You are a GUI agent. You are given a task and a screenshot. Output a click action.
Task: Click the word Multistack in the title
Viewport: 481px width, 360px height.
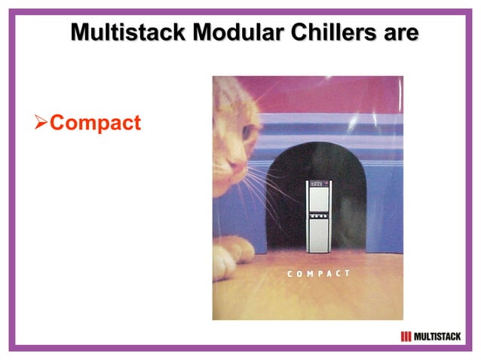pyautogui.click(x=120, y=32)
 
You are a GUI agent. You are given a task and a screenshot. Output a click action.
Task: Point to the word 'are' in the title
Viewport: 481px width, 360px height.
pyautogui.click(x=398, y=32)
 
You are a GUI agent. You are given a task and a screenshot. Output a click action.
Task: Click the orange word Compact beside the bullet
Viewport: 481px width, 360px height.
pyautogui.click(x=95, y=123)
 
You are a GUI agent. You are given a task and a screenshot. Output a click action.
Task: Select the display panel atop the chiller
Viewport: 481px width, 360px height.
pyautogui.click(x=318, y=184)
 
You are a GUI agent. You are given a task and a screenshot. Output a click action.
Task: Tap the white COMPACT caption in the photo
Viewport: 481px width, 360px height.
pyautogui.click(x=319, y=273)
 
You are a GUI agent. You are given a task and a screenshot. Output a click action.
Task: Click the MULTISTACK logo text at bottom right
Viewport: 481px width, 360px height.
pyautogui.click(x=437, y=336)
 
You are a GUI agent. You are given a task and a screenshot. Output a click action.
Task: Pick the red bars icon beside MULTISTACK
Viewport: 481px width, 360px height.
pyautogui.click(x=406, y=336)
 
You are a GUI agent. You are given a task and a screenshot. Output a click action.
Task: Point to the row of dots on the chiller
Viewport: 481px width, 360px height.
pyautogui.click(x=318, y=214)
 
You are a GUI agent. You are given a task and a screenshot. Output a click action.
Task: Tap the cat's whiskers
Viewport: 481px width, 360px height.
pyautogui.click(x=264, y=188)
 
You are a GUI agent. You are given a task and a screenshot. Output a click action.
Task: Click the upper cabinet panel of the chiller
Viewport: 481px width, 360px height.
pyautogui.click(x=318, y=200)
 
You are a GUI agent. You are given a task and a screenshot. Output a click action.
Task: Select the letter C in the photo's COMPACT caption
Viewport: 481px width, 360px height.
pyautogui.click(x=290, y=273)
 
